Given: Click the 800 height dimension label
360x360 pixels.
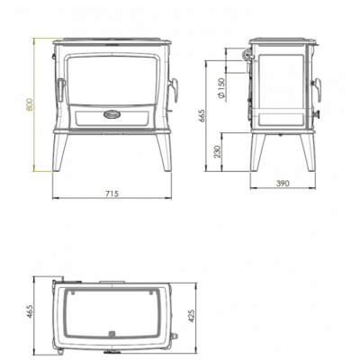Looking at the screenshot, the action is [x=29, y=104].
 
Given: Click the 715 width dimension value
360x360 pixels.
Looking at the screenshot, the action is [x=112, y=193].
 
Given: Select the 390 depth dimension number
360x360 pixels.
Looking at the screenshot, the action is [x=283, y=183].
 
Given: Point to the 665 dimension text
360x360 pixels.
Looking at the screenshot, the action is [x=202, y=116].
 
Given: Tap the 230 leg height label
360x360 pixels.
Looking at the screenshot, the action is [x=218, y=151].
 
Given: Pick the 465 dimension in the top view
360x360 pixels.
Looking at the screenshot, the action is [x=29, y=311].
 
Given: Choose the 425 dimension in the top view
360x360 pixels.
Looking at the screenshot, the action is [x=192, y=316].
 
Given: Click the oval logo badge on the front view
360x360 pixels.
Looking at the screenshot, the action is [x=112, y=114].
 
